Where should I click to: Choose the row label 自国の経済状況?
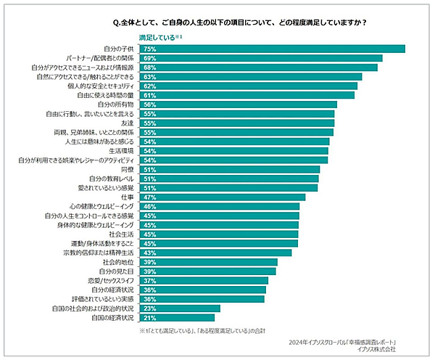pos(112,317)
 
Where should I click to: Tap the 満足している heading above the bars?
pos(157,36)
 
